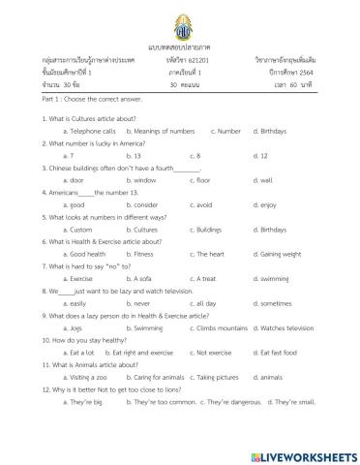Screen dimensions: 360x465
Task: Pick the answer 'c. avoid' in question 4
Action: tap(198, 204)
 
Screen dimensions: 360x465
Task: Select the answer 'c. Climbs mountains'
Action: tap(218, 328)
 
